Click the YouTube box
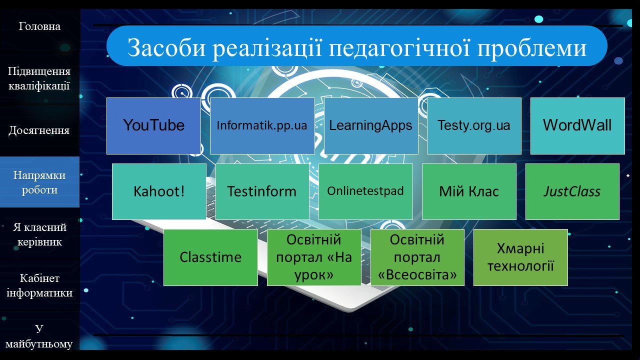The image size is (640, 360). click(153, 126)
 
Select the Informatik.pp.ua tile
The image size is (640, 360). click(262, 126)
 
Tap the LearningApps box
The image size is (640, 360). click(371, 126)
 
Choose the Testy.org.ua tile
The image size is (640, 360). click(474, 126)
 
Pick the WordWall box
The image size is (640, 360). click(577, 126)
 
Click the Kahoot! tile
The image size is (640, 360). click(159, 191)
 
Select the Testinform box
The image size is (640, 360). click(262, 191)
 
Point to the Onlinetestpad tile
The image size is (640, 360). click(365, 191)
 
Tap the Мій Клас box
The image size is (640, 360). click(469, 191)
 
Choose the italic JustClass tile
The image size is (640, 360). click(572, 191)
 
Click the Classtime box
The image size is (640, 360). click(210, 257)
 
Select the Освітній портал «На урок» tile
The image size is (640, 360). click(314, 257)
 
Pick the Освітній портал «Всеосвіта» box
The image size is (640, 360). click(417, 257)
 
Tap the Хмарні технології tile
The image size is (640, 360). click(520, 257)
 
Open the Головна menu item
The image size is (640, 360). click(39, 26)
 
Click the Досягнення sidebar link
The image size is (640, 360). click(39, 130)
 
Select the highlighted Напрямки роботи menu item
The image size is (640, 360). click(39, 182)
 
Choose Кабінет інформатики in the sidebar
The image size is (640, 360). click(39, 285)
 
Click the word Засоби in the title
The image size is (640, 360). click(166, 47)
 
